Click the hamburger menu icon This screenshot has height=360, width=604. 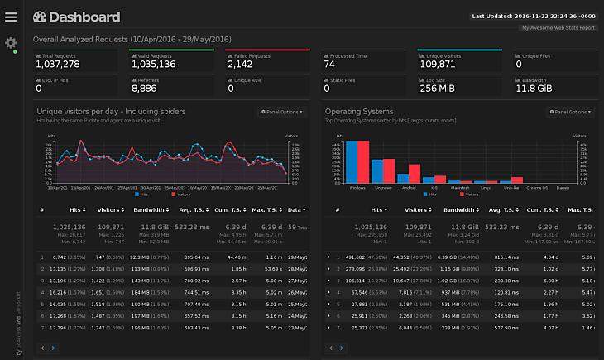click(11, 17)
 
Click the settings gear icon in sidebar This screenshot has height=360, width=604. click(11, 42)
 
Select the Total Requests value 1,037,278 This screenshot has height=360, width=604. click(58, 64)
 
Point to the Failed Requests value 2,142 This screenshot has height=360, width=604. click(241, 64)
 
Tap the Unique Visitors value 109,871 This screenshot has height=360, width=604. click(439, 64)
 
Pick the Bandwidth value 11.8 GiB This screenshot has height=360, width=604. click(535, 88)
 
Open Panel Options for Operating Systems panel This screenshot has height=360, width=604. click(570, 111)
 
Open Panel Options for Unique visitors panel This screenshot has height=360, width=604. click(282, 111)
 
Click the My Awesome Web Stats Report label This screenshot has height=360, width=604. click(558, 28)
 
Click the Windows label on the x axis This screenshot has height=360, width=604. click(357, 188)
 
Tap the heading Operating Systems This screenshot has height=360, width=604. click(359, 111)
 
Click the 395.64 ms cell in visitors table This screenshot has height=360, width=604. click(196, 257)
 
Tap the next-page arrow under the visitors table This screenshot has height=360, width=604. click(53, 348)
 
